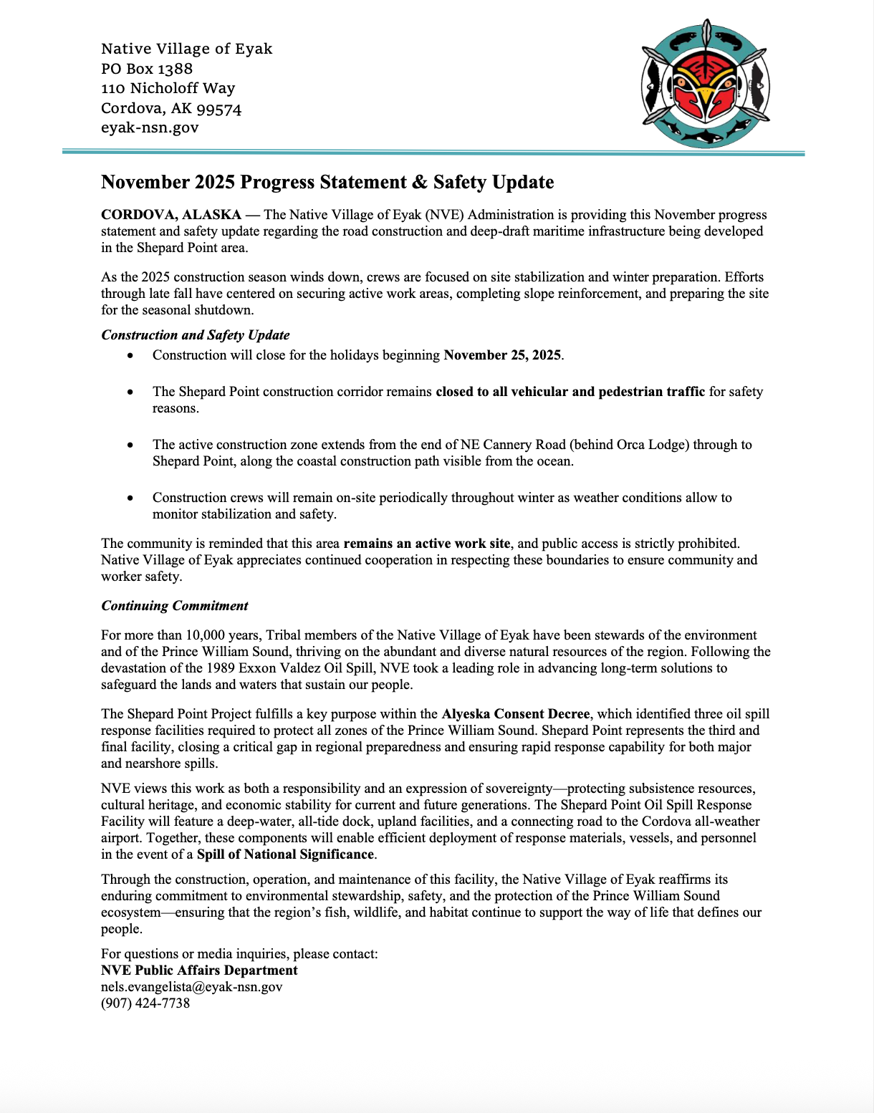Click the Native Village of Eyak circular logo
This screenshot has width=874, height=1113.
click(x=706, y=84)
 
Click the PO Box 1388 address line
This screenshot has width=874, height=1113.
click(x=147, y=69)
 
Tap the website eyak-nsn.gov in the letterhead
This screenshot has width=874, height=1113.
click(x=150, y=127)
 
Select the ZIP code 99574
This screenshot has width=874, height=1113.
click(x=219, y=109)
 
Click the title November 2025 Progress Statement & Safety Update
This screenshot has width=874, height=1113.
click(x=327, y=182)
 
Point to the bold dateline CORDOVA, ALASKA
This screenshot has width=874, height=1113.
click(x=171, y=215)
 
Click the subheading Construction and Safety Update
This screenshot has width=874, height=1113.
click(x=196, y=335)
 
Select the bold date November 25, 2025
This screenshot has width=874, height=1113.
click(x=502, y=355)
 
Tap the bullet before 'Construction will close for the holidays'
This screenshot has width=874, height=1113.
click(x=130, y=355)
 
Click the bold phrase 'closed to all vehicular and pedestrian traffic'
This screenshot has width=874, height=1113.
click(x=570, y=392)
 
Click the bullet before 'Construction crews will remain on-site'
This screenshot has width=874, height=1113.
click(x=130, y=498)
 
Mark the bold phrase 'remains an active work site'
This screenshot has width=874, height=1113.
click(x=427, y=544)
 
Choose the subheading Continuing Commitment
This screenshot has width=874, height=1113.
click(x=175, y=606)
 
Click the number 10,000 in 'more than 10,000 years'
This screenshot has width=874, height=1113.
click(x=206, y=635)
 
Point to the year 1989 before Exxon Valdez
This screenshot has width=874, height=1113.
click(x=221, y=668)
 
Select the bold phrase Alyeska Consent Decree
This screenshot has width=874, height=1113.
click(x=516, y=714)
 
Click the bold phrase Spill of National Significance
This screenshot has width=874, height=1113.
click(x=286, y=854)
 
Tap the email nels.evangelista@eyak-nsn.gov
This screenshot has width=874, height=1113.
click(x=192, y=987)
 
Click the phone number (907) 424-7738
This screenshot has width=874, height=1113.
click(x=145, y=1003)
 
